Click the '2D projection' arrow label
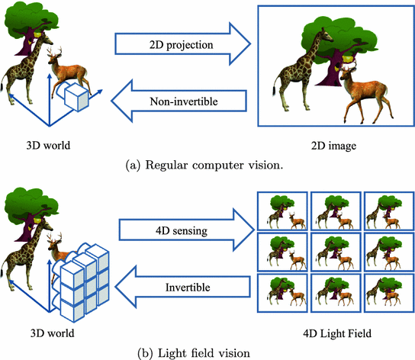[x=181, y=45]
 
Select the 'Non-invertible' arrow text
[x=184, y=101]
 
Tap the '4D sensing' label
[x=182, y=231]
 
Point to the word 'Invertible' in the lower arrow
[x=188, y=288]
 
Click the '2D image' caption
[x=333, y=146]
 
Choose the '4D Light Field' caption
[x=337, y=333]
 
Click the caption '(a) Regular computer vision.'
[x=204, y=166]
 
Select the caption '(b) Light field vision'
[x=194, y=353]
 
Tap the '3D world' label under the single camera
[x=48, y=146]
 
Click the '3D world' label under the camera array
[x=52, y=333]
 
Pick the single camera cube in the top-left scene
[x=77, y=97]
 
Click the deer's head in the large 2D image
[x=346, y=73]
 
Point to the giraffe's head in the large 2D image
[x=327, y=35]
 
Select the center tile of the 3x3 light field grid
[x=336, y=252]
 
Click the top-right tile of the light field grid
[x=389, y=211]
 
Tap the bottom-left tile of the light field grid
[x=282, y=294]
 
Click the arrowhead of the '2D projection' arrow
[x=240, y=44]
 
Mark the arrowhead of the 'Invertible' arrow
[x=126, y=288]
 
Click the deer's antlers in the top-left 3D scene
[x=55, y=51]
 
